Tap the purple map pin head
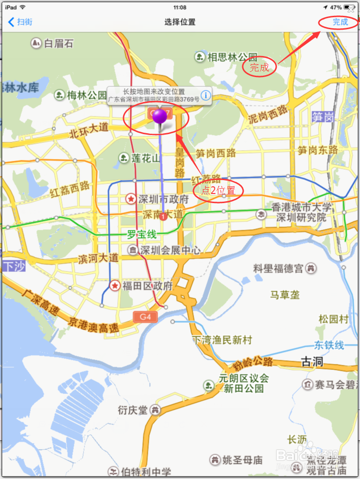tap(160, 116)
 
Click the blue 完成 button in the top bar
tap(340, 22)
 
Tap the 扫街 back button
tap(21, 22)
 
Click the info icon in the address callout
tap(205, 95)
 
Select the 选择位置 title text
tap(180, 22)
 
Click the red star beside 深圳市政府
tap(130, 198)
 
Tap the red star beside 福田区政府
tap(115, 286)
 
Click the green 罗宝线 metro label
tap(142, 235)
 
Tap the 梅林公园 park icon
tap(60, 95)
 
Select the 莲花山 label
tap(146, 158)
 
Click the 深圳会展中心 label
tap(170, 250)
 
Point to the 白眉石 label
tap(58, 44)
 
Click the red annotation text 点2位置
tap(218, 191)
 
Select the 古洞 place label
tap(312, 361)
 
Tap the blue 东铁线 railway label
tap(329, 345)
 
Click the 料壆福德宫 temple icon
tap(311, 268)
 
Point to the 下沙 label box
tap(13, 266)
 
